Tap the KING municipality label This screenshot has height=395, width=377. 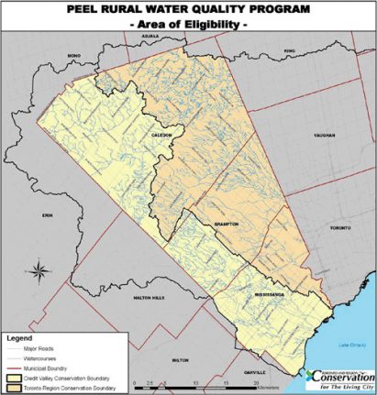[x=291, y=52]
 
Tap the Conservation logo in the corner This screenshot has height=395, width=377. [x=340, y=379]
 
